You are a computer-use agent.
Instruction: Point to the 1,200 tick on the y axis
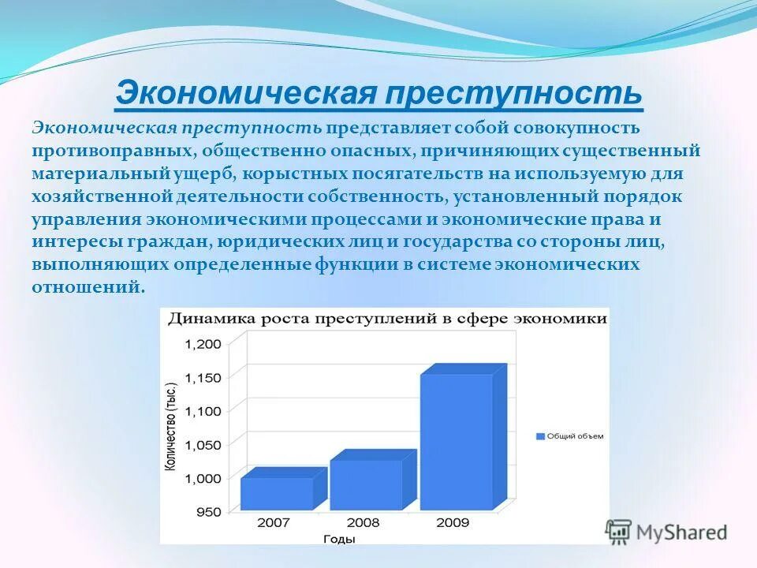tap(203, 343)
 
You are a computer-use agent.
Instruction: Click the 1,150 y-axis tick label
tap(203, 378)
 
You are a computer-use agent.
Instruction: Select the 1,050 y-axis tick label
tap(203, 445)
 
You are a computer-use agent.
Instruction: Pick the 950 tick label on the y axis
tap(210, 513)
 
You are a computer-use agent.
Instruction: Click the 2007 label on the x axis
tap(273, 522)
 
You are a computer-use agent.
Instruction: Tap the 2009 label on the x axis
tap(453, 522)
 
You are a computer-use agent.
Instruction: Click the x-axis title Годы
tap(339, 539)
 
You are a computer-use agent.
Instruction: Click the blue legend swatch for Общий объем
tap(540, 435)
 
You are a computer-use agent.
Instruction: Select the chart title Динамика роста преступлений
tap(384, 319)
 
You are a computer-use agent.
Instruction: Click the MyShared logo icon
tap(619, 532)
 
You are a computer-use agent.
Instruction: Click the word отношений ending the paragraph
tap(87, 287)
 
